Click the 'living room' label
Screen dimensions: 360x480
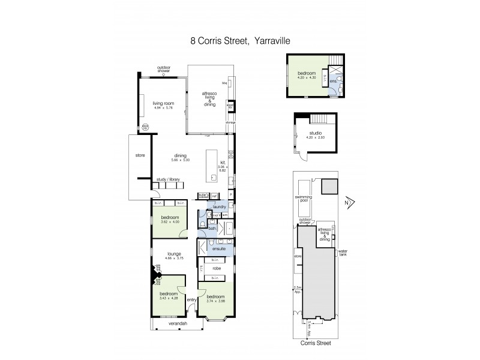coord(163,103)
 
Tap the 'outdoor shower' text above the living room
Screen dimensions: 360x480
coord(164,69)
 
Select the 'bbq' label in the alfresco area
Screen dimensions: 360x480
coord(224,83)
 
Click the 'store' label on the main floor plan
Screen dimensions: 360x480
coord(140,155)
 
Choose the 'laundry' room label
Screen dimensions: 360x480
coord(218,208)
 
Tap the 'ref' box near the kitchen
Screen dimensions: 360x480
coord(214,195)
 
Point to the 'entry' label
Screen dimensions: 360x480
coord(192,300)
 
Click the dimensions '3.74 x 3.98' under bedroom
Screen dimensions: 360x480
coord(215,302)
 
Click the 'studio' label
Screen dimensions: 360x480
coord(316,133)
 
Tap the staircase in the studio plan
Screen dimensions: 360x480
coord(322,119)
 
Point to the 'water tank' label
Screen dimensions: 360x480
coord(343,252)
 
